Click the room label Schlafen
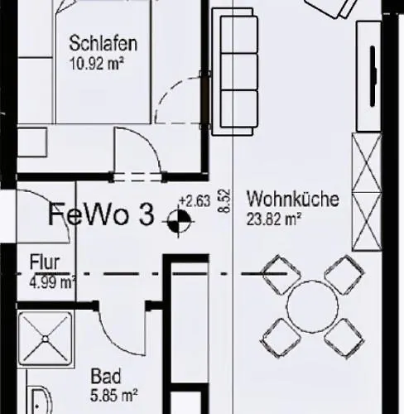point(103,44)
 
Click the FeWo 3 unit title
point(100,216)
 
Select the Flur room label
point(45,262)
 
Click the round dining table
point(314,306)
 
